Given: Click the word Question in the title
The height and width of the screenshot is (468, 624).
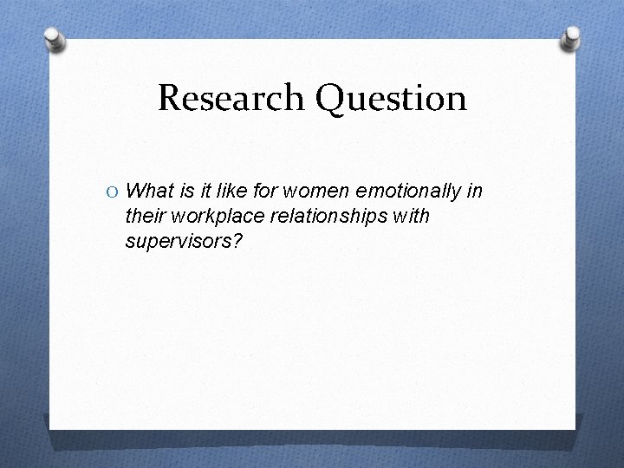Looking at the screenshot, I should pyautogui.click(x=393, y=100).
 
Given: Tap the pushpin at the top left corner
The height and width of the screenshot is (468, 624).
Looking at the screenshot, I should pyautogui.click(x=55, y=39).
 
